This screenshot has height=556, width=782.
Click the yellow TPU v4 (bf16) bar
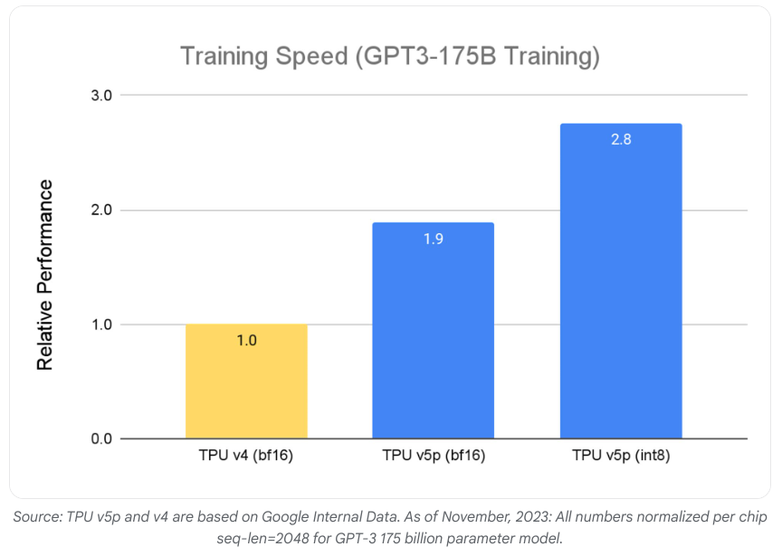coord(246,382)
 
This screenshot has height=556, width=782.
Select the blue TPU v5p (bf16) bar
coord(433,331)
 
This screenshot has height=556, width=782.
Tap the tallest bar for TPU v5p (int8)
coord(620,281)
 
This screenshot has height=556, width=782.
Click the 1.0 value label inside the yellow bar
coord(246,341)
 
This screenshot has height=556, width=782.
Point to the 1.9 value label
coord(433,240)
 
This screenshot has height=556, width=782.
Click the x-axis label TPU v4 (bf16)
coord(246,457)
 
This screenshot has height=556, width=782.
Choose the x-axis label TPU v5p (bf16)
coord(433,457)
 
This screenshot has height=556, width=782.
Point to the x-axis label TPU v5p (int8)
coord(620,457)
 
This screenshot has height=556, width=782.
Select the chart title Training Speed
coord(390,56)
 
